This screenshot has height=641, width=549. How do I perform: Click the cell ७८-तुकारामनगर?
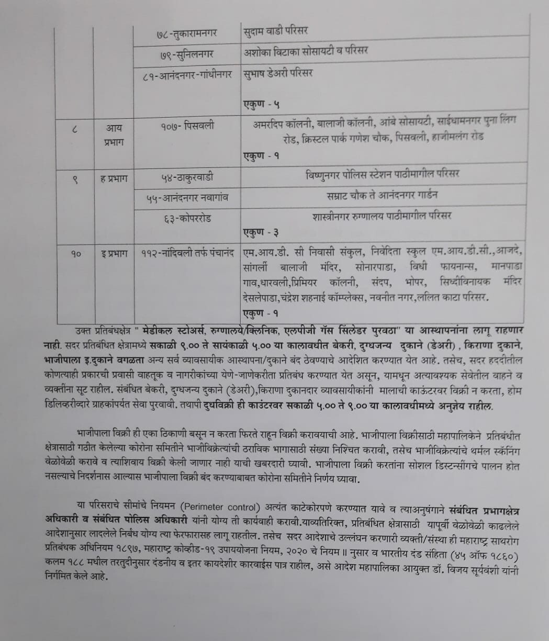[x=187, y=33]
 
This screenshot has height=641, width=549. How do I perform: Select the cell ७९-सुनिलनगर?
[x=187, y=54]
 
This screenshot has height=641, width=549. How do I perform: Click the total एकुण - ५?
[x=261, y=104]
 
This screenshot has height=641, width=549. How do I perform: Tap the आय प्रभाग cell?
[x=114, y=134]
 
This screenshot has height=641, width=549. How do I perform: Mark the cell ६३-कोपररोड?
[x=187, y=218]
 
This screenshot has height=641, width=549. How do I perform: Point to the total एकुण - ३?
[x=261, y=231]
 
